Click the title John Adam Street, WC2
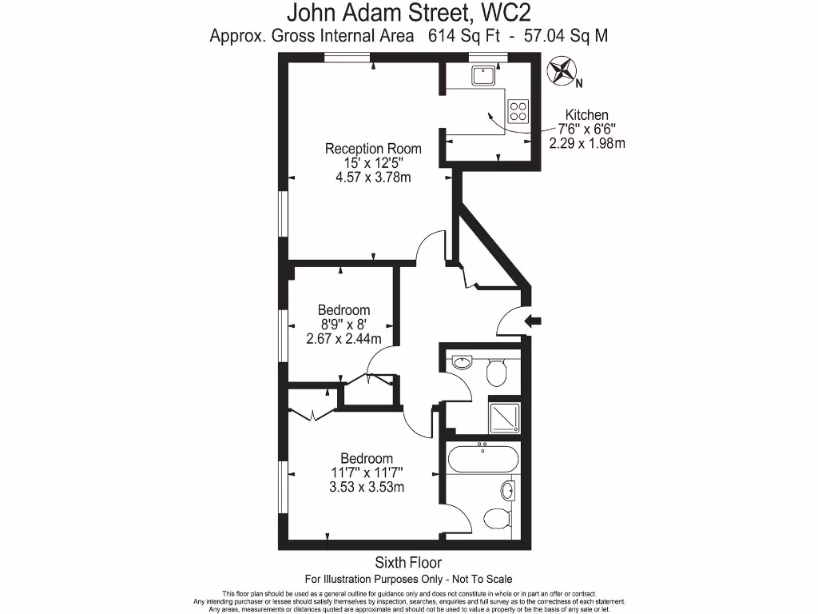(x=408, y=13)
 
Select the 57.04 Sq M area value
(x=567, y=36)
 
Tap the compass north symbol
(x=563, y=72)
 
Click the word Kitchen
(x=587, y=114)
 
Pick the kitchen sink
(x=483, y=75)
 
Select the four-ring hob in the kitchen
(x=518, y=110)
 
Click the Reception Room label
(x=373, y=149)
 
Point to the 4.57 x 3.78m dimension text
(x=373, y=177)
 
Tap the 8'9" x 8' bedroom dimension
(x=343, y=325)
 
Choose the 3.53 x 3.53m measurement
(x=367, y=487)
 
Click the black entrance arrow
(x=532, y=321)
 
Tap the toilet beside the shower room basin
(x=498, y=369)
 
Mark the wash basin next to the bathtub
(x=509, y=488)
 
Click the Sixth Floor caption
(x=408, y=563)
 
